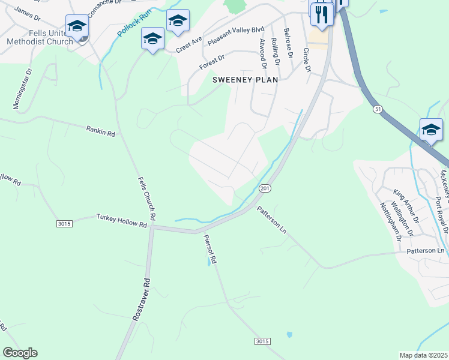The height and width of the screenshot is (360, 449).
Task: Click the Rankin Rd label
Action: click(x=100, y=130)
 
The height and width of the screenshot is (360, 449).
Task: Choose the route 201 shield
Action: click(x=264, y=188)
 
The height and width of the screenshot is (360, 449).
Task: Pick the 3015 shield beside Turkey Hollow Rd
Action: click(x=65, y=224)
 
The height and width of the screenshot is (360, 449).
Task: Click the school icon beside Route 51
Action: click(x=430, y=130)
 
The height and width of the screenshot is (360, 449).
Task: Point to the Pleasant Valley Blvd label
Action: click(x=235, y=37)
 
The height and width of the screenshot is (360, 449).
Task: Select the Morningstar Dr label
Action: click(x=22, y=88)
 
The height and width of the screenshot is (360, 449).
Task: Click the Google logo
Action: click(x=20, y=353)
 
